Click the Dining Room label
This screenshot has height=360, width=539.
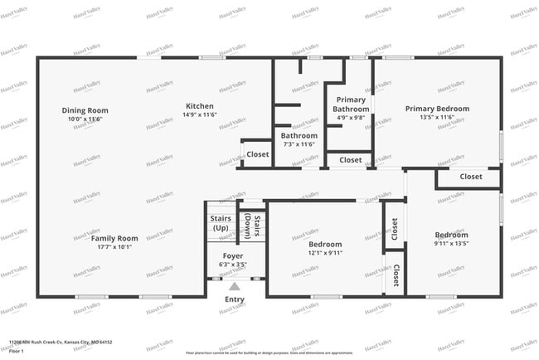click(x=85, y=110)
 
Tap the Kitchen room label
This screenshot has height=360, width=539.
click(x=199, y=106)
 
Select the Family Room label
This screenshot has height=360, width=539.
click(x=114, y=238)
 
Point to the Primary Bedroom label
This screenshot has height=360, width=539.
click(x=436, y=109)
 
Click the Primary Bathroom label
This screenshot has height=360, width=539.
click(x=350, y=105)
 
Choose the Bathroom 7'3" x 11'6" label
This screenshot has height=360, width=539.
click(x=299, y=135)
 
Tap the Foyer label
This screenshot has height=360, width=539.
click(x=233, y=256)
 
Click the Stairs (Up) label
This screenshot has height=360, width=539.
click(x=220, y=222)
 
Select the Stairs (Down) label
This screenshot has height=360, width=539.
click(x=251, y=224)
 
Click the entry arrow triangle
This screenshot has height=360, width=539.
click(x=235, y=287)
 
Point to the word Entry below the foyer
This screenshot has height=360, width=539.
click(x=235, y=299)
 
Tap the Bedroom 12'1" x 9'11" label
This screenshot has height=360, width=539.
click(x=325, y=245)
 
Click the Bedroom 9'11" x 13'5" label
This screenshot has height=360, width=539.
click(x=451, y=235)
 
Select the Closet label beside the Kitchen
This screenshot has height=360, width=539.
click(x=257, y=154)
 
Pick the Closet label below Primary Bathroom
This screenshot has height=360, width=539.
click(x=350, y=160)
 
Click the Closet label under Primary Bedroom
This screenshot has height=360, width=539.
click(x=470, y=177)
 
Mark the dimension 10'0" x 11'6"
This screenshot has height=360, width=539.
click(x=85, y=119)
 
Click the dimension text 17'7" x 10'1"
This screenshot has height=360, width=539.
click(x=114, y=246)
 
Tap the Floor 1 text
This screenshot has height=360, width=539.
click(x=17, y=352)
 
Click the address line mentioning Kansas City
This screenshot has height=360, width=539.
click(x=61, y=342)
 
